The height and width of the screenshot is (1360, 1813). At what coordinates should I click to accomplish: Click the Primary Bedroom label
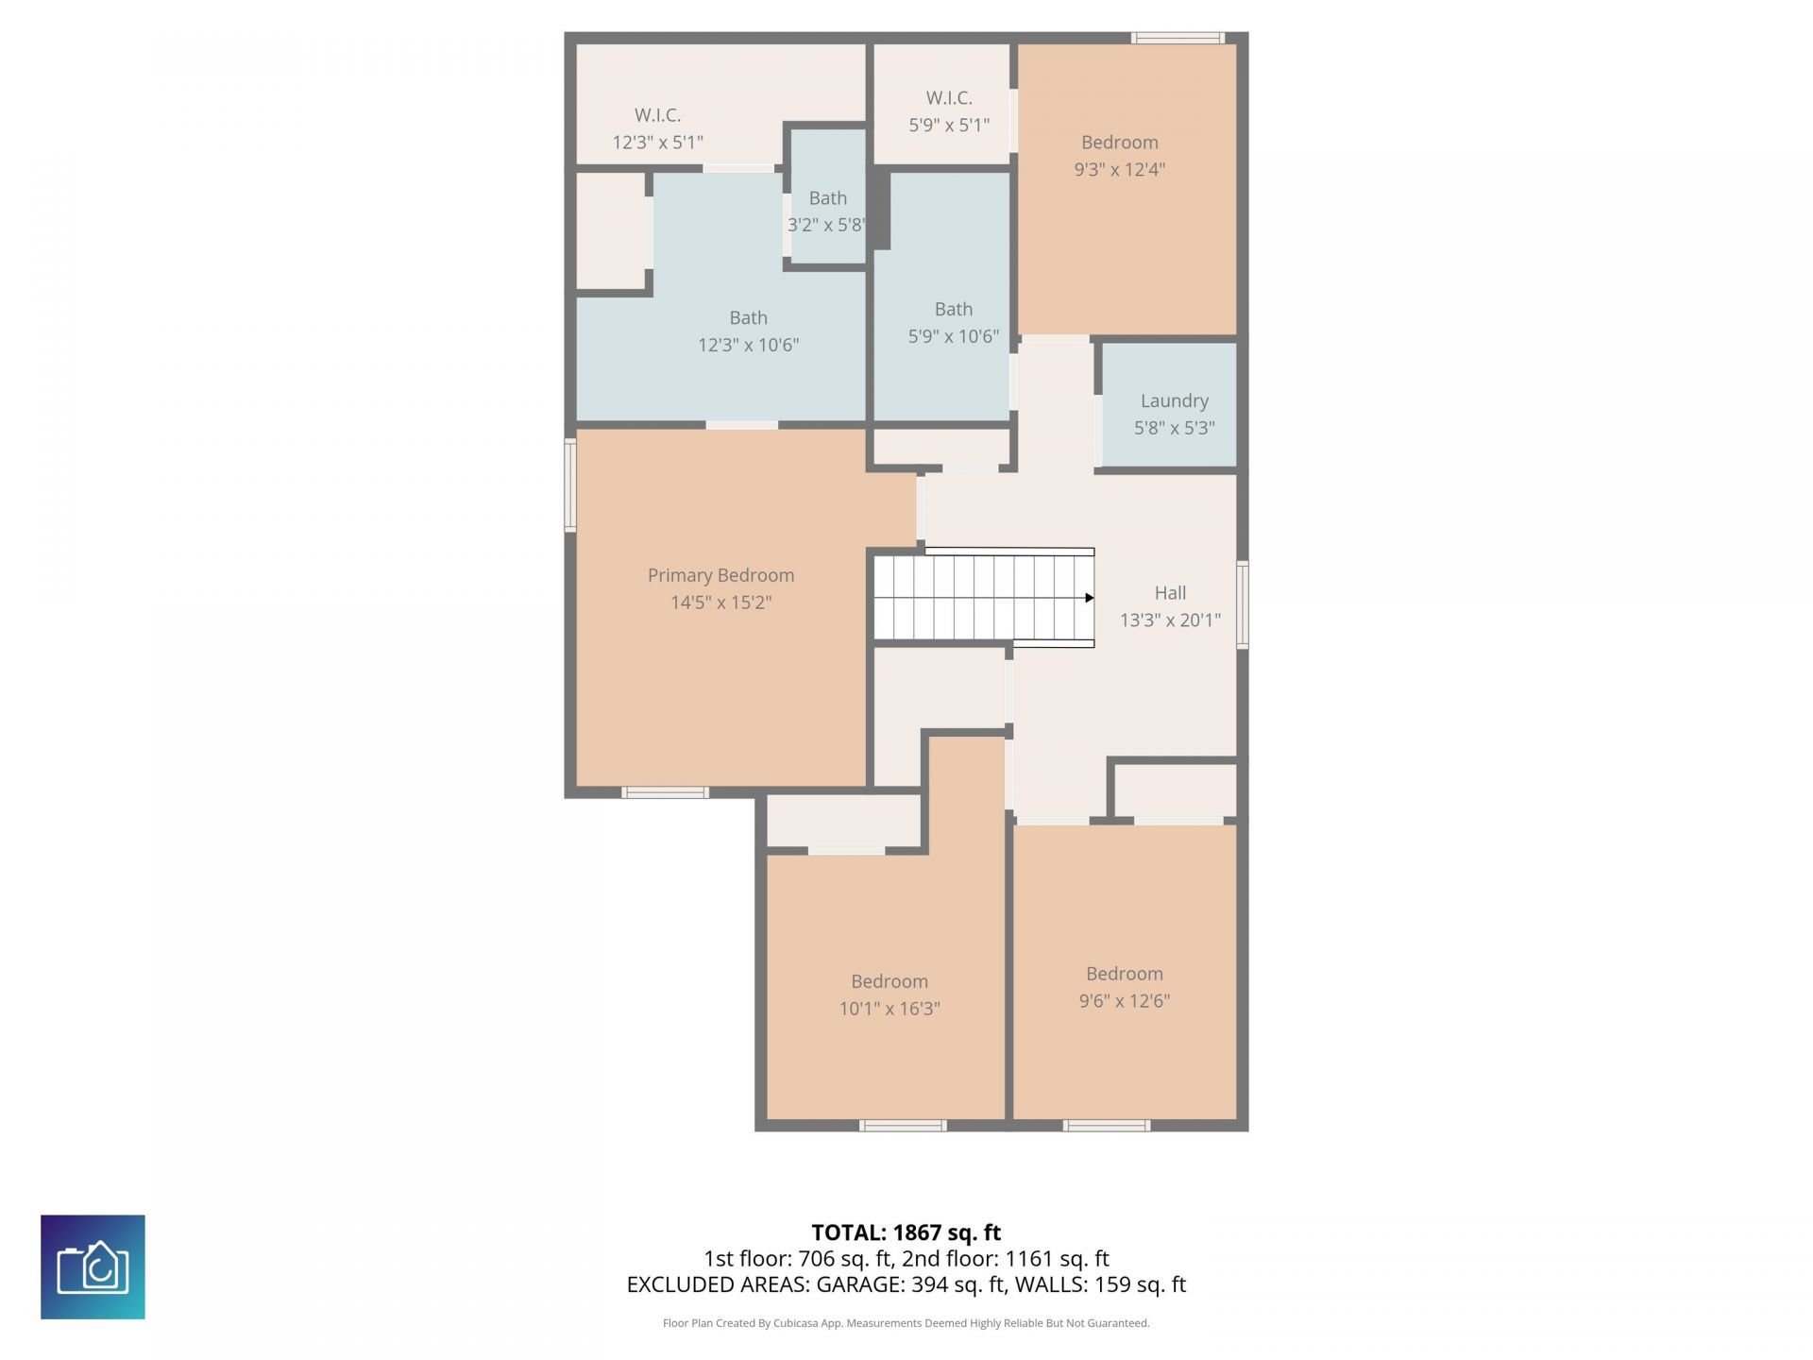pyautogui.click(x=720, y=575)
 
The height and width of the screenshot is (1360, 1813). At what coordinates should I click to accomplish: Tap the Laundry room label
pyautogui.click(x=1174, y=400)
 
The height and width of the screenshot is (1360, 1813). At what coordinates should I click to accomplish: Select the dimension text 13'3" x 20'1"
pyautogui.click(x=1170, y=620)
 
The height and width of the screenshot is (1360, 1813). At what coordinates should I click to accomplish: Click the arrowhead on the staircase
pyautogui.click(x=1089, y=598)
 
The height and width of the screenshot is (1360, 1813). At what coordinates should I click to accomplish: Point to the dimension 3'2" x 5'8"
pyautogui.click(x=826, y=225)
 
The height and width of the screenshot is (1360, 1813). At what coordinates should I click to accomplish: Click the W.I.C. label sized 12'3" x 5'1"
pyautogui.click(x=657, y=115)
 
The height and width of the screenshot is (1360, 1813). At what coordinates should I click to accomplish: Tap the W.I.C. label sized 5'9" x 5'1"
pyautogui.click(x=949, y=98)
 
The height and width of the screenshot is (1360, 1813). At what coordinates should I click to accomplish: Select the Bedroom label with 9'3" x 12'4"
pyautogui.click(x=1119, y=143)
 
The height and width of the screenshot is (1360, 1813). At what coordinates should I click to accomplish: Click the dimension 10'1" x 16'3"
pyautogui.click(x=890, y=1009)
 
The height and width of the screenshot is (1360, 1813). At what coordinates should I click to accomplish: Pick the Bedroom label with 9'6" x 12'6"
pyautogui.click(x=1124, y=974)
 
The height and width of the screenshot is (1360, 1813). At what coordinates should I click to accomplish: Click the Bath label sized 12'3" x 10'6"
pyautogui.click(x=748, y=318)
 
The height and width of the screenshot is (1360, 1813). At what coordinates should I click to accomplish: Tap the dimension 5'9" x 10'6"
pyautogui.click(x=953, y=336)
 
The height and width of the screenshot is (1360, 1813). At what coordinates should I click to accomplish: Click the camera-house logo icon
pyautogui.click(x=93, y=1266)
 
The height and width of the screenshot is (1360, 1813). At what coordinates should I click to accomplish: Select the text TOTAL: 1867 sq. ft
pyautogui.click(x=906, y=1232)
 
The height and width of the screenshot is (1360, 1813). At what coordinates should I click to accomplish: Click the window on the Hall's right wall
pyautogui.click(x=1243, y=604)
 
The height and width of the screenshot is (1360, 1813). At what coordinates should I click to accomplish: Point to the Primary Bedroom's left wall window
pyautogui.click(x=570, y=484)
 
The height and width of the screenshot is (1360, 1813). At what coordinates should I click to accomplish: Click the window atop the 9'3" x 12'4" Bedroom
pyautogui.click(x=1178, y=39)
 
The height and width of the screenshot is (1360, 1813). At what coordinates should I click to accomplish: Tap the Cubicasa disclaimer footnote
pyautogui.click(x=906, y=1323)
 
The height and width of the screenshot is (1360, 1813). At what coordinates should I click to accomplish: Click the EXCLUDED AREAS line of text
pyautogui.click(x=906, y=1284)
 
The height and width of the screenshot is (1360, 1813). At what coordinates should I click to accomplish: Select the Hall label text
pyautogui.click(x=1170, y=593)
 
